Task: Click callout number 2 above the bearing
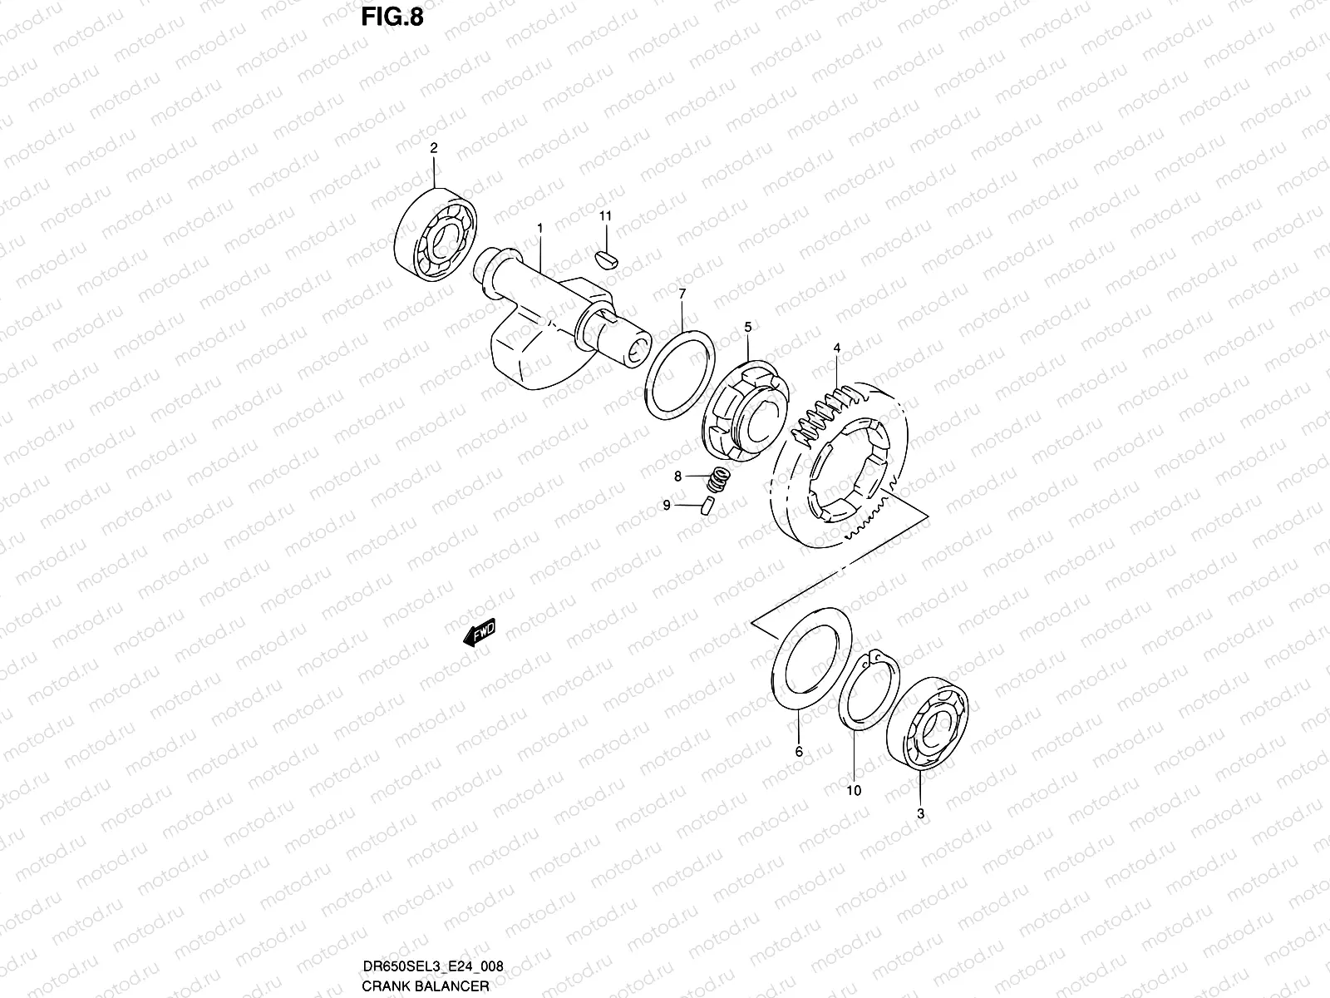tap(433, 148)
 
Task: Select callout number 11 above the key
tap(605, 216)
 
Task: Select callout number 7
tap(682, 294)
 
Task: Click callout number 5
tap(747, 328)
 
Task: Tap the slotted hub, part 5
tap(746, 410)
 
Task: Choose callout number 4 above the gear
tap(836, 348)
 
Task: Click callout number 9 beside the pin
tap(667, 505)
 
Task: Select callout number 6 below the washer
tap(800, 751)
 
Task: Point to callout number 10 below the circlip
tap(854, 790)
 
